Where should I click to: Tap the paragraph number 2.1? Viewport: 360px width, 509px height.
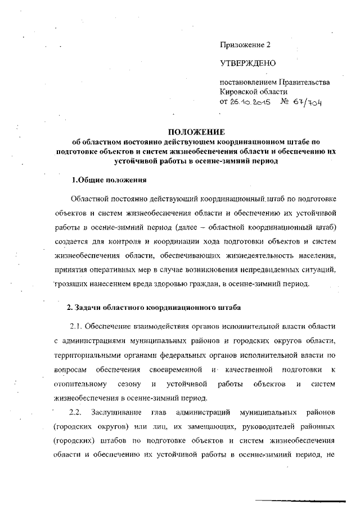pyautogui.click(x=78, y=327)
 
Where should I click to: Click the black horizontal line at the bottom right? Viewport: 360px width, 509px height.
pyautogui.click(x=301, y=499)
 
